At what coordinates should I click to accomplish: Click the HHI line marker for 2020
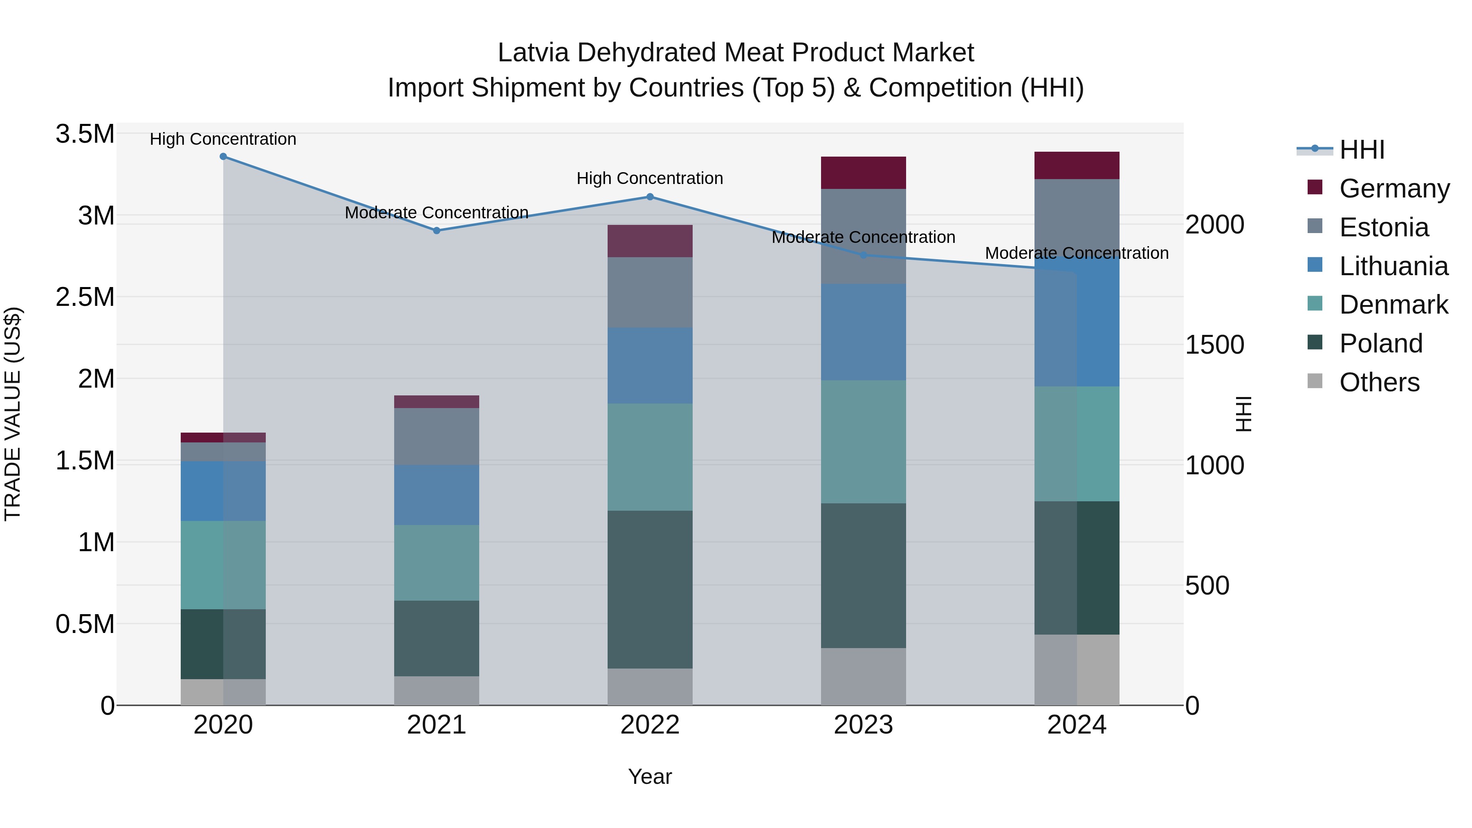coord(223,157)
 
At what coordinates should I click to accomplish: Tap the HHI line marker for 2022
coord(650,197)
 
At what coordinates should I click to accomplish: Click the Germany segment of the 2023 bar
coord(864,173)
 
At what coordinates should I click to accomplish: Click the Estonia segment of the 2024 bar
coord(1077,217)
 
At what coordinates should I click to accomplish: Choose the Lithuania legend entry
coord(1393,266)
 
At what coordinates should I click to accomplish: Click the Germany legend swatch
coord(1315,187)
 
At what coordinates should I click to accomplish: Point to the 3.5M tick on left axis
coord(85,134)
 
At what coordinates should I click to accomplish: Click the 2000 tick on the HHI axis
coord(1214,224)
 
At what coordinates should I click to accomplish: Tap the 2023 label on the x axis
coord(864,725)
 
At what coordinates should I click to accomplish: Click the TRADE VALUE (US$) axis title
coord(13,414)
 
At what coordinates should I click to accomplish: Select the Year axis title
coord(650,776)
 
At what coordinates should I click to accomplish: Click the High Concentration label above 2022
coord(650,178)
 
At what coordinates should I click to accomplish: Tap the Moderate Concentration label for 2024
coord(1077,253)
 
